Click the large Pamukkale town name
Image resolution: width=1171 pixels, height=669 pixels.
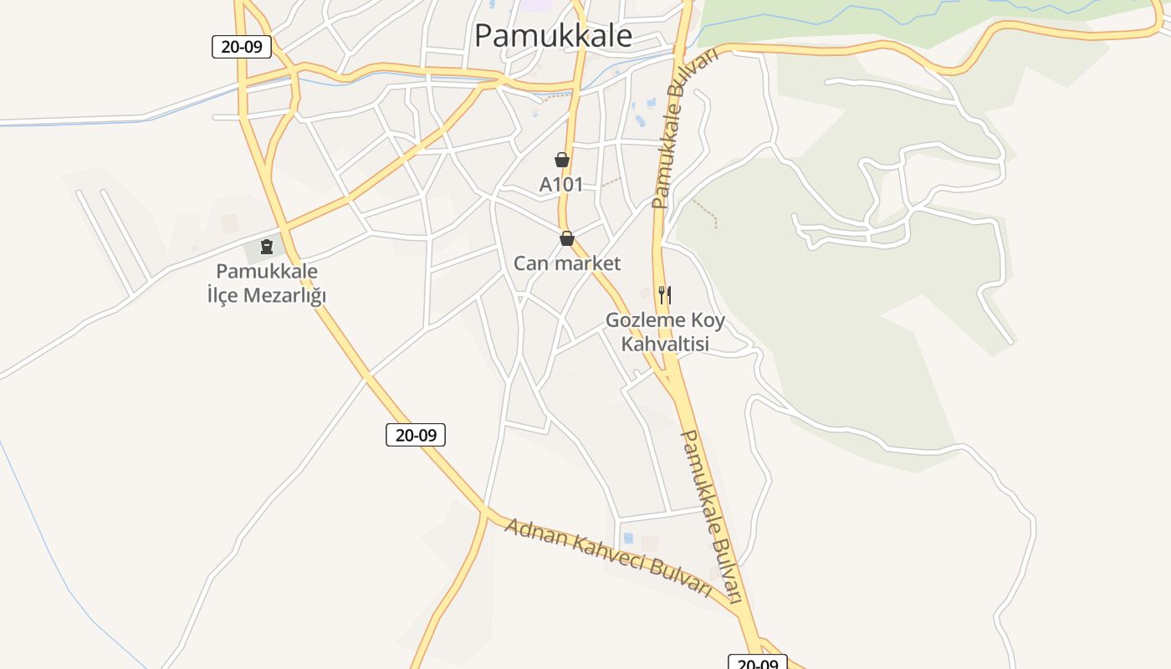click(553, 36)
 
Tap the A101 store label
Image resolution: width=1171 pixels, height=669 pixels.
click(560, 185)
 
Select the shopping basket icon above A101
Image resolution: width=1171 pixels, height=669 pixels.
click(561, 160)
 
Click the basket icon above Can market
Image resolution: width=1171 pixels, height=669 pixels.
click(567, 239)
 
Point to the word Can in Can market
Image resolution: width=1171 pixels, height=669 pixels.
click(529, 263)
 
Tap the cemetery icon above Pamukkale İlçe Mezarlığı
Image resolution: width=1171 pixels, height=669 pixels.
click(267, 247)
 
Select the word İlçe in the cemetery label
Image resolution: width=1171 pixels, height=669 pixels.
click(222, 295)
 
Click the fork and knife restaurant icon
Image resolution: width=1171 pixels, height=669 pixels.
click(665, 294)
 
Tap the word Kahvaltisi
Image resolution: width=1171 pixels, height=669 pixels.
click(665, 344)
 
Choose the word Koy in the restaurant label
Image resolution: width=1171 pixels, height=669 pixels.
click(708, 320)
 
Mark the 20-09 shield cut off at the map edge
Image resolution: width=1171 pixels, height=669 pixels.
click(757, 663)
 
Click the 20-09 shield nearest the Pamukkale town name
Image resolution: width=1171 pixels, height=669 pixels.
click(242, 47)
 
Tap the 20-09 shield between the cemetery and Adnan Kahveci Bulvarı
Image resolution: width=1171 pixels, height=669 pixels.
click(416, 435)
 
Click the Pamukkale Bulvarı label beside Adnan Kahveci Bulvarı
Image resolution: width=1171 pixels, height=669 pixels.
click(712, 517)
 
